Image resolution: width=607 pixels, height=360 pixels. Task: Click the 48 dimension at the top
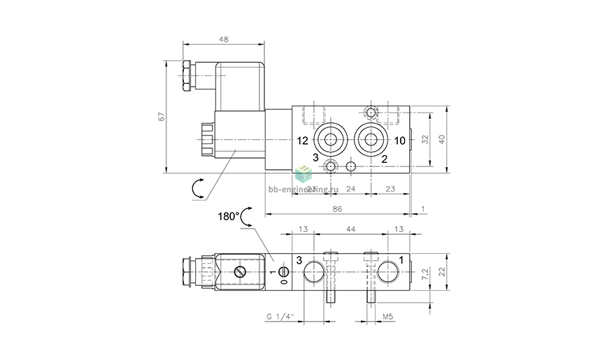pyautogui.click(x=223, y=40)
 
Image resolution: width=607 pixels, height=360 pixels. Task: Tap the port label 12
pyautogui.click(x=301, y=141)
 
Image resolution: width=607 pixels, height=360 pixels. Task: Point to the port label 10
pyautogui.click(x=399, y=141)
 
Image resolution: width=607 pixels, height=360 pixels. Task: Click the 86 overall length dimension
pyautogui.click(x=337, y=209)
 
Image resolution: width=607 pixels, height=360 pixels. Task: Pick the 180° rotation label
pyautogui.click(x=228, y=216)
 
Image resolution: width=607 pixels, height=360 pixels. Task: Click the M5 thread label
pyautogui.click(x=387, y=316)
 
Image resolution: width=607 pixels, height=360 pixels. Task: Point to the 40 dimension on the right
pyautogui.click(x=441, y=139)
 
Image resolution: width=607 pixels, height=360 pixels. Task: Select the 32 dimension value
pyautogui.click(x=426, y=139)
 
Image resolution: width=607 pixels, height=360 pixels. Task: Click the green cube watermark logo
pyautogui.click(x=303, y=173)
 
